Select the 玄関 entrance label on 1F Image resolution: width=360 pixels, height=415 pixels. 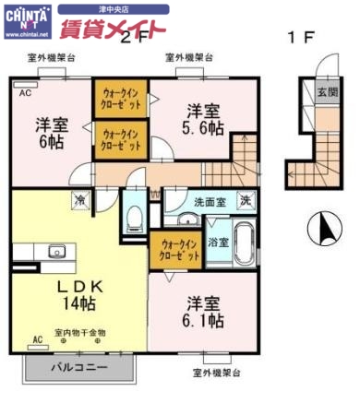pos(327,93)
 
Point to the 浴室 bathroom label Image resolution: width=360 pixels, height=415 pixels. pos(219,243)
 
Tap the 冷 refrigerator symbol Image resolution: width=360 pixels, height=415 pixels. pos(80,199)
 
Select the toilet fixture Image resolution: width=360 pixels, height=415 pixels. pos(136,218)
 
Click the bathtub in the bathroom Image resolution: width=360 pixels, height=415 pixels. pos(245,243)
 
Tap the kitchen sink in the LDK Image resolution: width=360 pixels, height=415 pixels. pos(54,253)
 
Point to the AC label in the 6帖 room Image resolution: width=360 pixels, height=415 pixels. pos(24,93)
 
